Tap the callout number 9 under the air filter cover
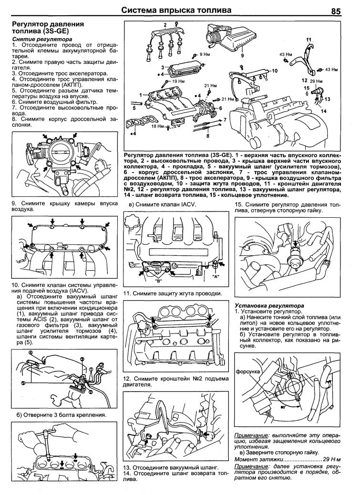pyautogui.click(x=242, y=56)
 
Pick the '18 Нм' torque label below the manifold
pyautogui.click(x=157, y=127)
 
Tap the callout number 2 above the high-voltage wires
pyautogui.click(x=165, y=24)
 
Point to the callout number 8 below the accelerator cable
pyautogui.click(x=208, y=135)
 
